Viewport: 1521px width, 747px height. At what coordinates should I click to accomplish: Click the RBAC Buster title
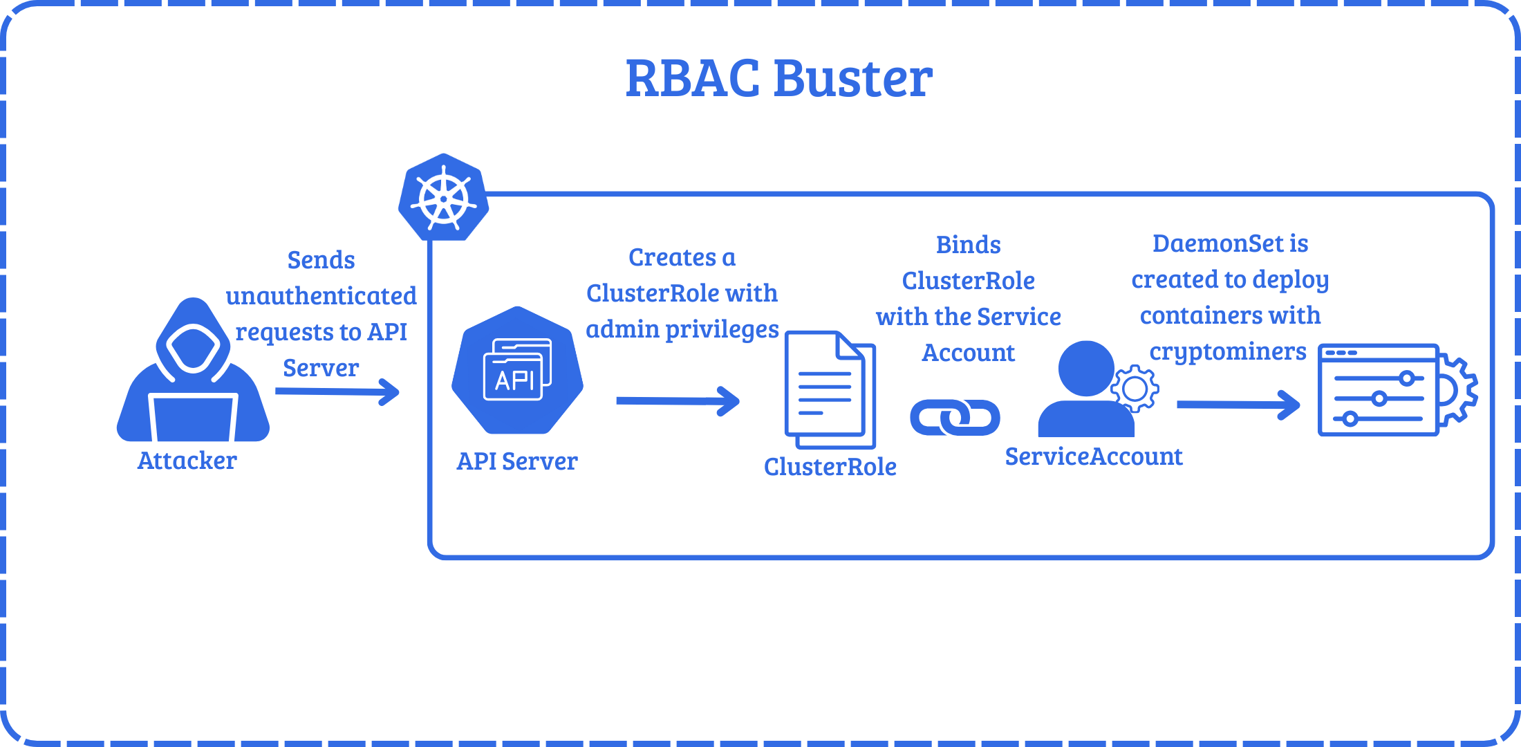(779, 78)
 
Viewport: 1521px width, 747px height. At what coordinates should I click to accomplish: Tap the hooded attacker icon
(193, 373)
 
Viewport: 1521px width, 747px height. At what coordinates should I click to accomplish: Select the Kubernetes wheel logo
(443, 198)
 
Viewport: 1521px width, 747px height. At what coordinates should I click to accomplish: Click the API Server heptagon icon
(517, 371)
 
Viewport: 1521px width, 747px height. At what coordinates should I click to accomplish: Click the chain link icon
(955, 417)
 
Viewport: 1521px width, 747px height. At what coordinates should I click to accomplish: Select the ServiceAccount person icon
(1086, 391)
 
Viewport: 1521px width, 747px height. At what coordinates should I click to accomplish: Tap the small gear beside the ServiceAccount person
(1135, 389)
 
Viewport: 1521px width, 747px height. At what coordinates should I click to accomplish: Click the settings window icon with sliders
(1379, 390)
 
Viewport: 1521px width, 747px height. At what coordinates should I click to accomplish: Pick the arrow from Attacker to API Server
(337, 391)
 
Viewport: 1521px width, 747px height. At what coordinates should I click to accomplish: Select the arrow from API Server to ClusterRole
(678, 401)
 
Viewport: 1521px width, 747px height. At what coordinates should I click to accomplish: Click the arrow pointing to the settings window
(1238, 405)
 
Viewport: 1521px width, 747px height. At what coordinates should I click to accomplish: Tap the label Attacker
(187, 461)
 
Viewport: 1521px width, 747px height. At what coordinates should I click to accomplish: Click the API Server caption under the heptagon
(517, 461)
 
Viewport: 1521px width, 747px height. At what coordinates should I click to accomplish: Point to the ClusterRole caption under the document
(830, 467)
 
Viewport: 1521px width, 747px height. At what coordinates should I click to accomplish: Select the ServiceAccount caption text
(1094, 456)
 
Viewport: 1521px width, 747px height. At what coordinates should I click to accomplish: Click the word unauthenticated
(321, 296)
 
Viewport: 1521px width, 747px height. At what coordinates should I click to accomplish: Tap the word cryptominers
(1228, 352)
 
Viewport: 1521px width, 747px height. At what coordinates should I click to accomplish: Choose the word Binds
(969, 245)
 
